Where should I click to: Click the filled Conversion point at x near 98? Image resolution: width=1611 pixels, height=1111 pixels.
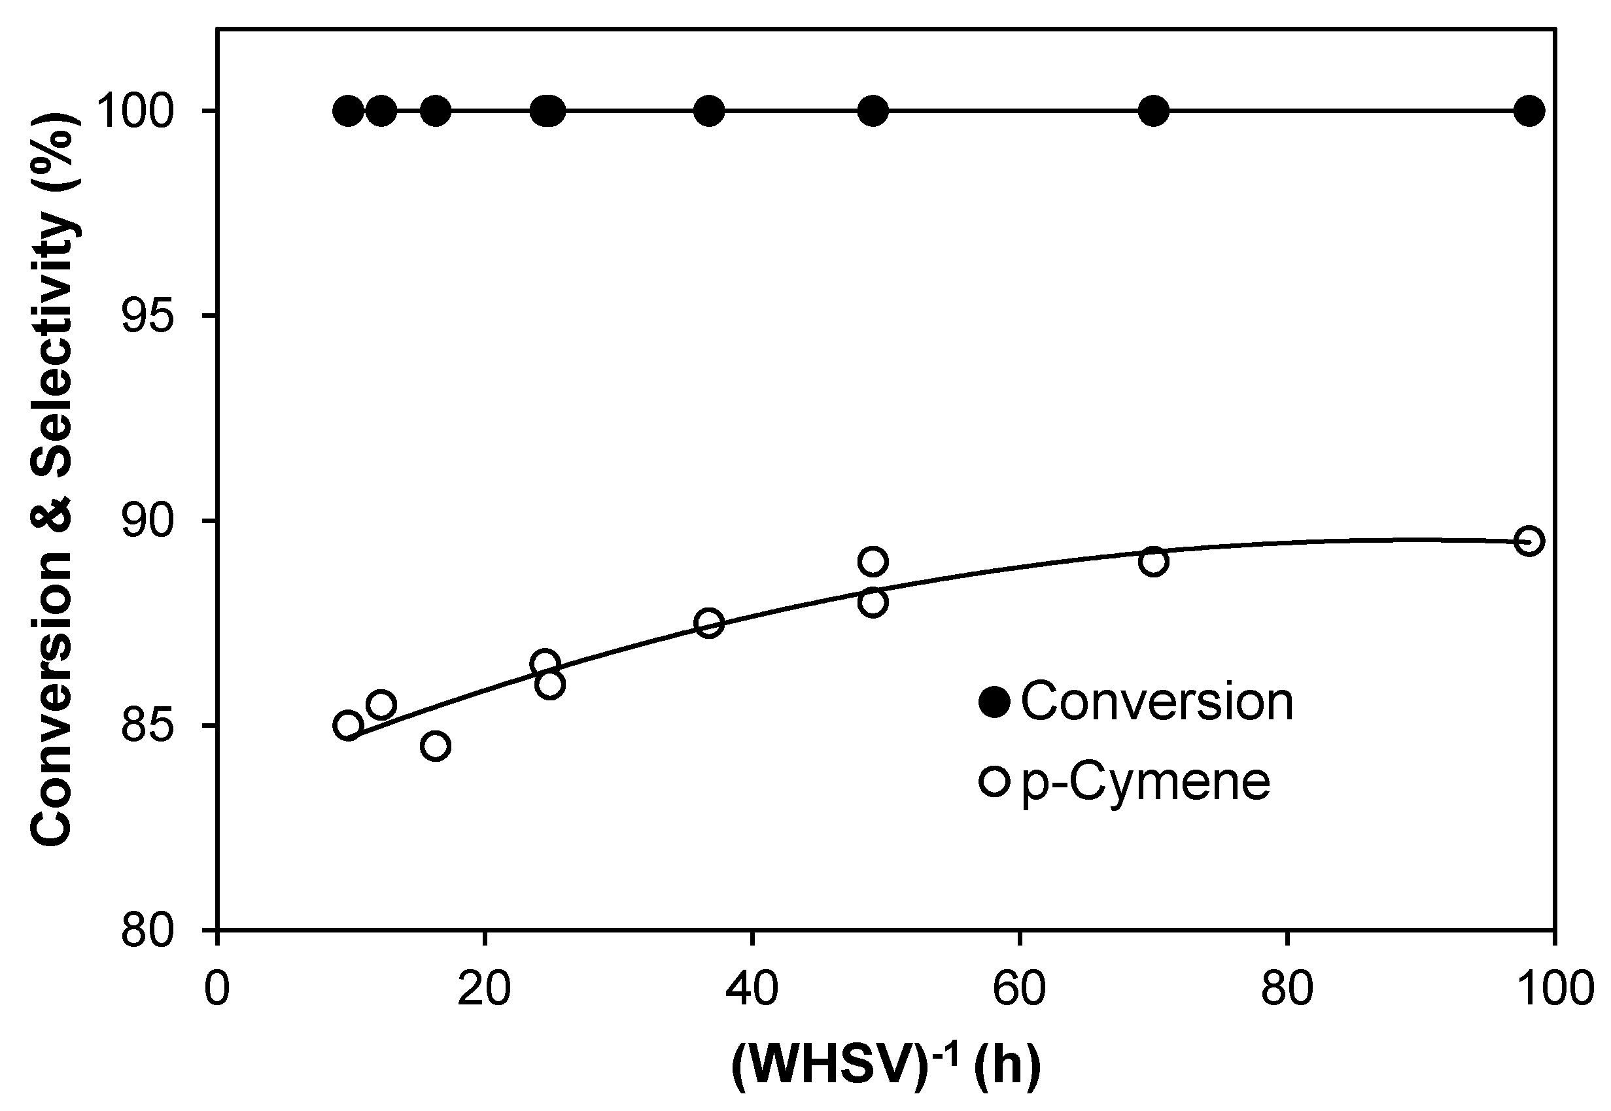[x=1529, y=111]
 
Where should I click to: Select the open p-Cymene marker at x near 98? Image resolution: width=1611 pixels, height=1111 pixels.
[x=1529, y=541]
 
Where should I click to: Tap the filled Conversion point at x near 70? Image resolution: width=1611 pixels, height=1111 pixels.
[x=1154, y=111]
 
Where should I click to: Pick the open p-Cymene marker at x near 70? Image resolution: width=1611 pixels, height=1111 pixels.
[x=1154, y=561]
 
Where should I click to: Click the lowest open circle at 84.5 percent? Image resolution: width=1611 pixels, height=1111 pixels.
[x=436, y=746]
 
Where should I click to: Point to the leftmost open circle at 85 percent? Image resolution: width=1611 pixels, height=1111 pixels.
[x=347, y=726]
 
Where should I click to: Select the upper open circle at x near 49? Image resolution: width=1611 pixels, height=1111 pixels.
[x=873, y=561]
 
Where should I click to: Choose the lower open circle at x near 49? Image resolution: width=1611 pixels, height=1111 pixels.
[x=873, y=602]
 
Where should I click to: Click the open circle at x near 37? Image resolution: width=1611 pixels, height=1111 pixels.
[x=709, y=623]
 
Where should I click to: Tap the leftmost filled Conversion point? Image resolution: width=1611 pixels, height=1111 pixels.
[x=347, y=111]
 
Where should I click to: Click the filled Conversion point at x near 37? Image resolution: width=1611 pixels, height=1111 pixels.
[x=709, y=111]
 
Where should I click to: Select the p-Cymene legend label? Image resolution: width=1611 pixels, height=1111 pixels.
[x=1146, y=781]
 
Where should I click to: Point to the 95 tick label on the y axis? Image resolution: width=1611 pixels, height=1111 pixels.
[x=147, y=316]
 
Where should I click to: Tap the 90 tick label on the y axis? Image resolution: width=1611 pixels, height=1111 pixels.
[x=147, y=521]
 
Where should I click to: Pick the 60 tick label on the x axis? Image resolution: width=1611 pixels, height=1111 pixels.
[x=1019, y=989]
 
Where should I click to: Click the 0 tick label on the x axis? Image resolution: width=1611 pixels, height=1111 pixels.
[x=217, y=989]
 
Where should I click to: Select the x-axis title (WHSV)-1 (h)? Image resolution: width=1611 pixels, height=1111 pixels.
[x=886, y=1065]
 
